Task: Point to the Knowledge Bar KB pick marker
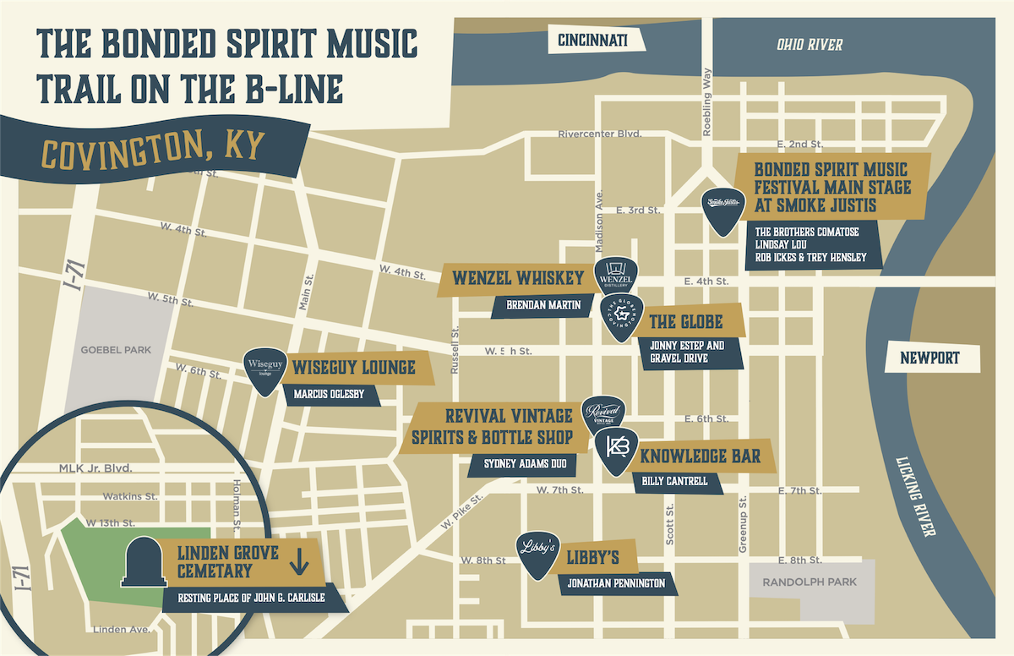tap(618, 452)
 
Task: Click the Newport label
tap(930, 358)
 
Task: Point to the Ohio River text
tap(810, 45)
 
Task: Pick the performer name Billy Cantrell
tap(675, 481)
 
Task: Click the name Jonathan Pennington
tap(616, 582)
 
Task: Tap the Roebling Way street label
tap(708, 101)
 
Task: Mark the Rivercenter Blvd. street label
tap(600, 134)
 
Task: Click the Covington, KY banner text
tap(153, 149)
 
